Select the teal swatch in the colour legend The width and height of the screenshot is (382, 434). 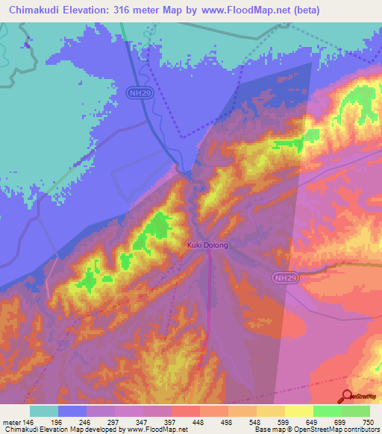44,411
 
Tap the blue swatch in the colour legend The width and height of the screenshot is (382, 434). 72,411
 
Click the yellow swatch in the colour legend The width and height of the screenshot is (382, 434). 299,411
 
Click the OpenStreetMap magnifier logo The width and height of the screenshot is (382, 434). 346,397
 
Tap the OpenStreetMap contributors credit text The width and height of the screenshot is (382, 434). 328,430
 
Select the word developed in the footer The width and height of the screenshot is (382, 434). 101,430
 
